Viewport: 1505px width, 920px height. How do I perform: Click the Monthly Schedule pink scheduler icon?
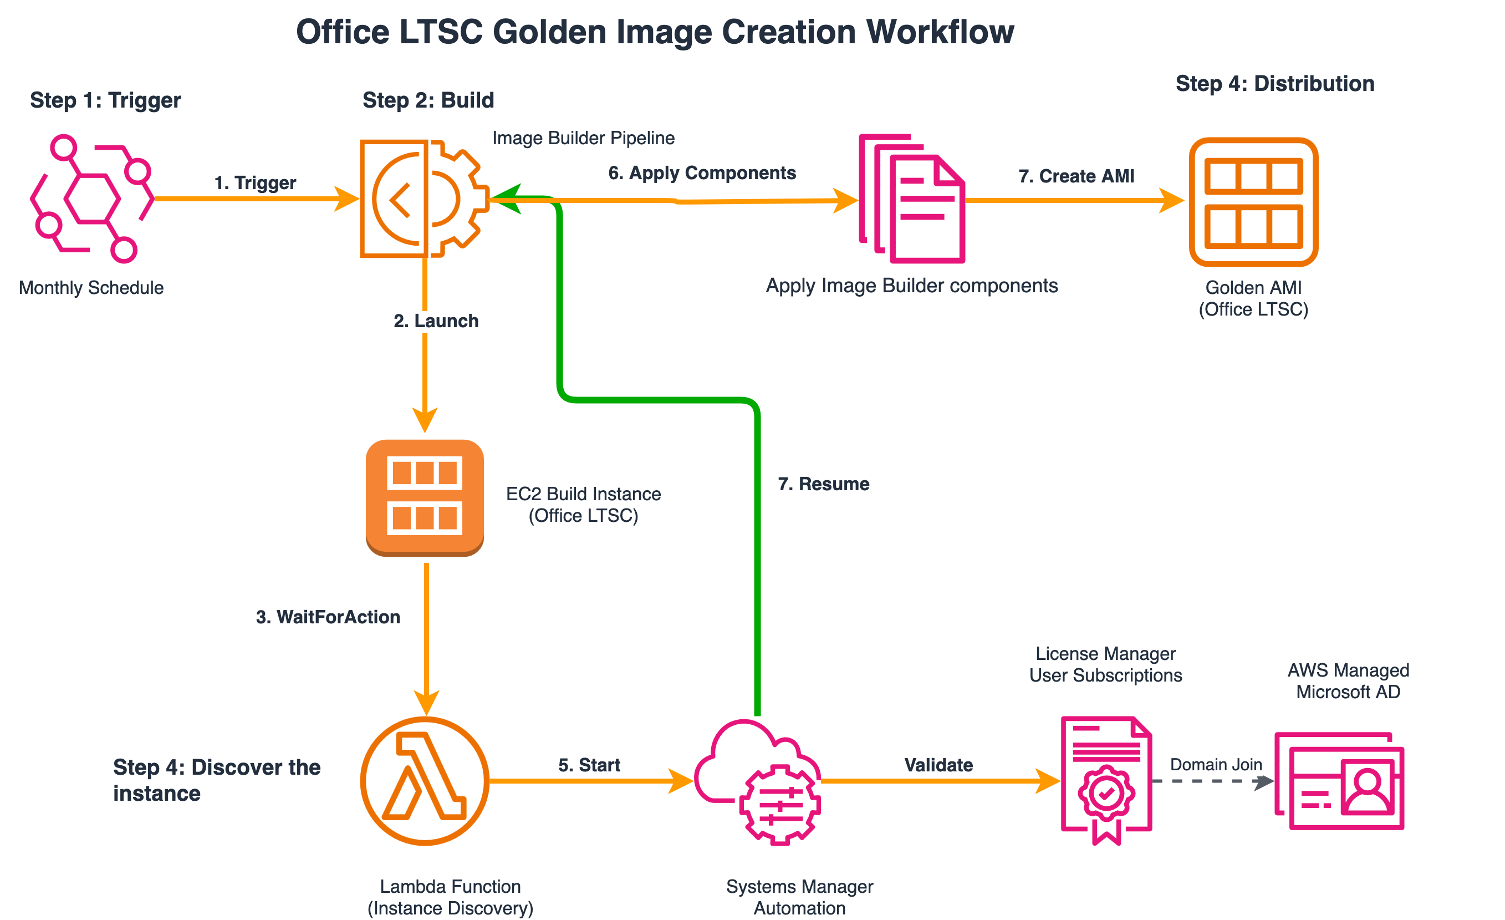[91, 199]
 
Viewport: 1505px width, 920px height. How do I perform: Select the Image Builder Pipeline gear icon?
[425, 199]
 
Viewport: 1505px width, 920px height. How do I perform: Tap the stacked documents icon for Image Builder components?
[912, 199]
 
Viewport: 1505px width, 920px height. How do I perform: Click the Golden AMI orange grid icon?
[1253, 202]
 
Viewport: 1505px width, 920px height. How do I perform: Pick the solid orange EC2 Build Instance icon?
[425, 497]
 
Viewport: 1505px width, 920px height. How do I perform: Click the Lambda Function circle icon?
[425, 781]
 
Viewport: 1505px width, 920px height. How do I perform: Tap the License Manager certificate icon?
[1106, 780]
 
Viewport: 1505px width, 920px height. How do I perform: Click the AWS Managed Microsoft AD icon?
[1339, 781]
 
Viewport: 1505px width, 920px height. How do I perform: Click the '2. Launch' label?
[436, 321]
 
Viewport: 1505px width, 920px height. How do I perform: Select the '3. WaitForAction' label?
[328, 617]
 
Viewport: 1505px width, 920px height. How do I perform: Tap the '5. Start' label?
[589, 765]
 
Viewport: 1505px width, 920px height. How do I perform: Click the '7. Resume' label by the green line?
[823, 484]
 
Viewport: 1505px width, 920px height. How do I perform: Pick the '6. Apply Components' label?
[702, 173]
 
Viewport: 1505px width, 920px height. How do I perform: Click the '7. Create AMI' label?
[1075, 176]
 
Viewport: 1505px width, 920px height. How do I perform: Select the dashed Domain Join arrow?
[1212, 781]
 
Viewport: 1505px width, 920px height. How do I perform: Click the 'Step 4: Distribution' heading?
[1275, 84]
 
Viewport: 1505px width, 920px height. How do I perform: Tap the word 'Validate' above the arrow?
[938, 765]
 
